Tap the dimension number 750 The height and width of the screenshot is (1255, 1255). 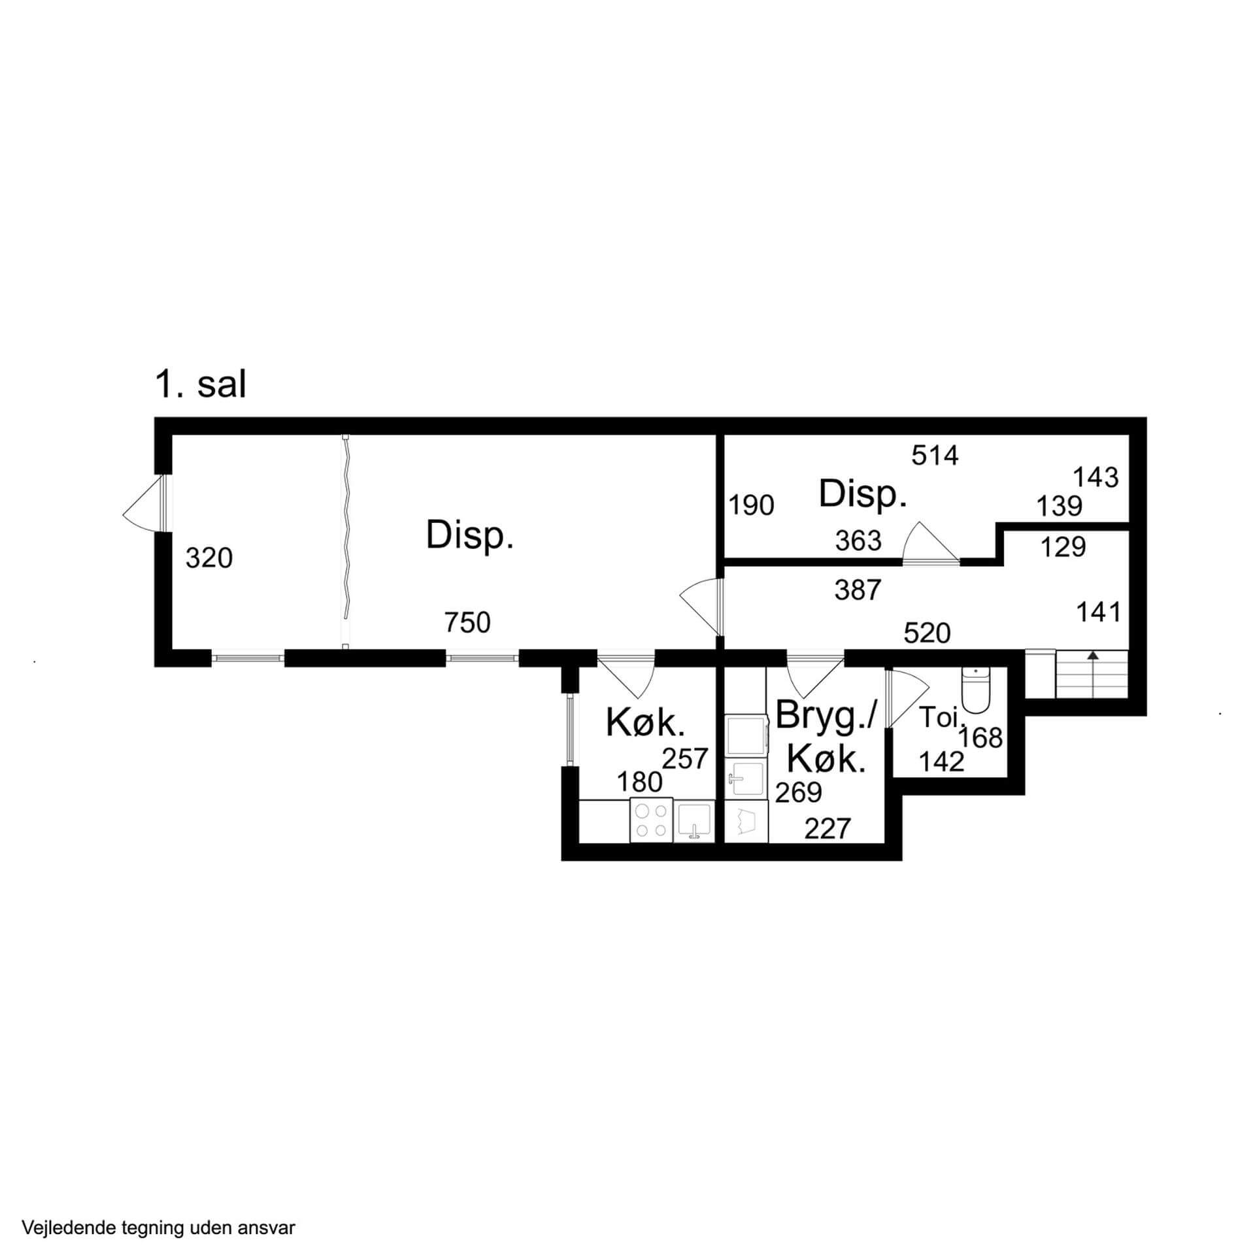click(467, 623)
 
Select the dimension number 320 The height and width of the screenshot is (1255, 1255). click(209, 558)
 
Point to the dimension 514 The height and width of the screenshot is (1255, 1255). click(935, 456)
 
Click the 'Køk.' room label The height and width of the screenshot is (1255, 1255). click(645, 723)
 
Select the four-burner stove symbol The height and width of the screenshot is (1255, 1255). click(652, 820)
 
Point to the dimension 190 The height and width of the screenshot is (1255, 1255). click(752, 505)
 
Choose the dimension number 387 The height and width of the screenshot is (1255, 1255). click(858, 590)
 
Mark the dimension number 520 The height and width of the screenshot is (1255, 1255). click(927, 633)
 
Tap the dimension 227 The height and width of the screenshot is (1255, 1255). click(828, 829)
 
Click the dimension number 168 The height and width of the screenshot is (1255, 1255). click(980, 739)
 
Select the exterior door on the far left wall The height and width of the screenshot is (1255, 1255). click(145, 503)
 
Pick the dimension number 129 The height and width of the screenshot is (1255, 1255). click(1062, 547)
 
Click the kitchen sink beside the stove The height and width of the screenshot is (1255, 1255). click(694, 821)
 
